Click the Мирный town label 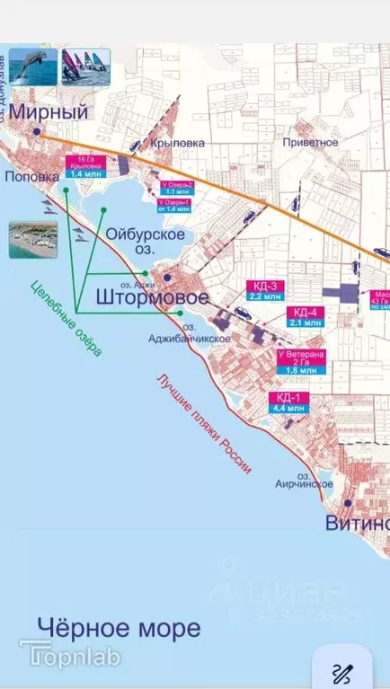[50, 112]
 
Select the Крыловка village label [178, 142]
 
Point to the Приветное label [309, 142]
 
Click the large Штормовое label [152, 297]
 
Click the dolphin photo [33, 66]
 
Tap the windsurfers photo [84, 66]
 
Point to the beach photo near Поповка [33, 240]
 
